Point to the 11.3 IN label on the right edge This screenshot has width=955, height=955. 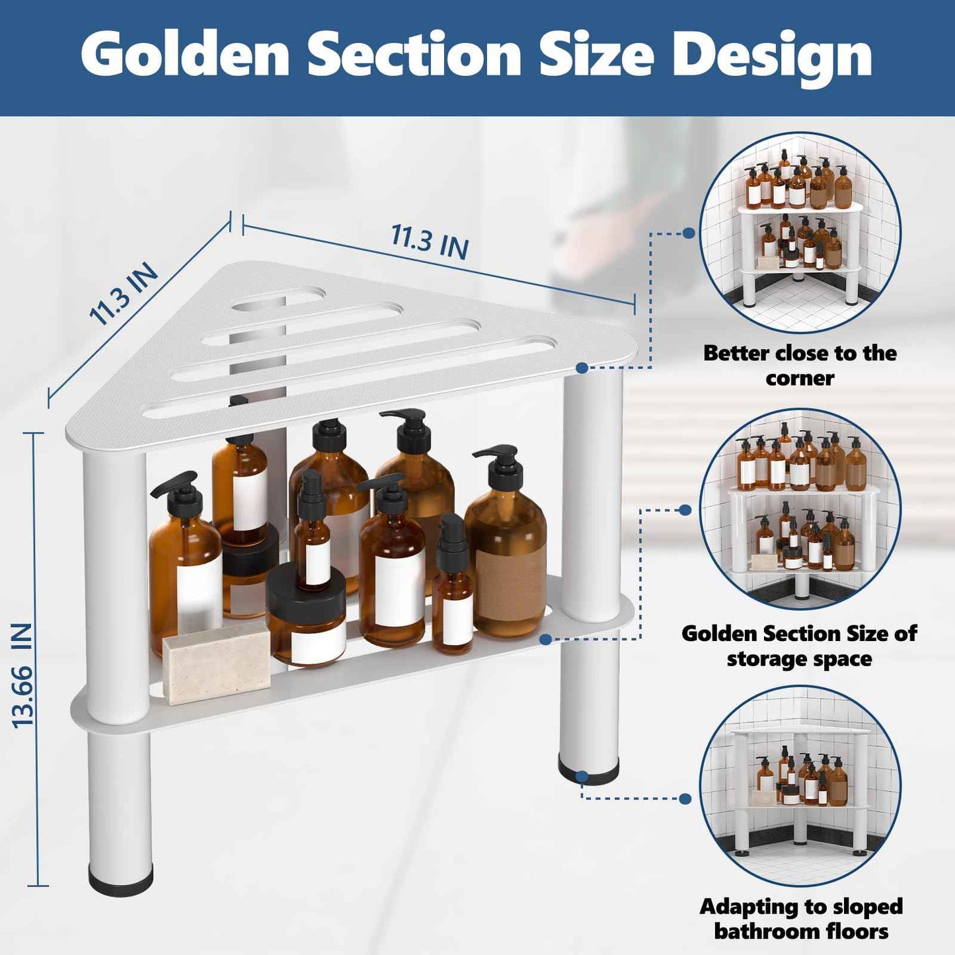pyautogui.click(x=430, y=243)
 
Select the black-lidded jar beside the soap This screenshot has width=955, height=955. pyautogui.click(x=306, y=615)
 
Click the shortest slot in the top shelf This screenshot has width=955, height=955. pyautogui.click(x=278, y=298)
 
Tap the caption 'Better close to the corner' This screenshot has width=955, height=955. pyautogui.click(x=800, y=365)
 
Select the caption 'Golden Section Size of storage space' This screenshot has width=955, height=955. pyautogui.click(x=799, y=646)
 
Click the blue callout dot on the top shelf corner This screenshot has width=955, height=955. pyautogui.click(x=582, y=367)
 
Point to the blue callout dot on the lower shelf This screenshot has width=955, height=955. pyautogui.click(x=546, y=639)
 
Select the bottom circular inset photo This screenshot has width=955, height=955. pyautogui.click(x=800, y=786)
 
